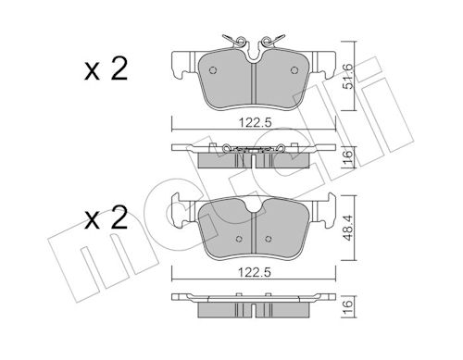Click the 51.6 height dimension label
pos(348,76)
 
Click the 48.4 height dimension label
pos(348,228)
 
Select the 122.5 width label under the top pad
pos(255,123)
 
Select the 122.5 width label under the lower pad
pos(254,273)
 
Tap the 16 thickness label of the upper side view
pos(348,157)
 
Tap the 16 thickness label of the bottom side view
pos(348,304)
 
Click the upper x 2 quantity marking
pos(106,70)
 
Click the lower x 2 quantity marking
pos(106,218)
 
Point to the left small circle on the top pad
pos(213,70)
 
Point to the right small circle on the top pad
pos(294,70)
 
